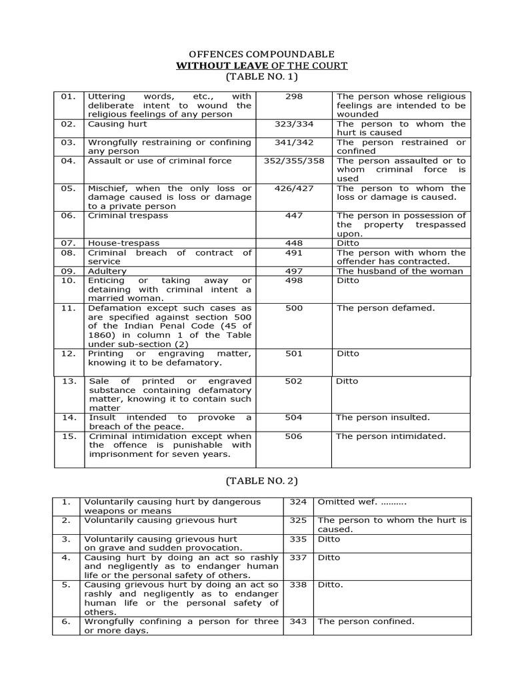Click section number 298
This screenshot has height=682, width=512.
click(293, 97)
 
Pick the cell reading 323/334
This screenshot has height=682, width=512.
click(293, 124)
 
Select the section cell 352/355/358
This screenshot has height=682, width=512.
click(293, 161)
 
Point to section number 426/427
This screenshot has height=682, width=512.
click(293, 188)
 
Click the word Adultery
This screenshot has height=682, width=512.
click(107, 271)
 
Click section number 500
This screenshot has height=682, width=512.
click(293, 308)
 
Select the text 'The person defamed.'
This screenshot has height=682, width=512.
click(385, 308)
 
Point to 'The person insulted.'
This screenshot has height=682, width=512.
click(383, 418)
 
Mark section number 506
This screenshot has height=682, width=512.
click(293, 436)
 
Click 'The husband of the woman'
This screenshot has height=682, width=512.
click(400, 271)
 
